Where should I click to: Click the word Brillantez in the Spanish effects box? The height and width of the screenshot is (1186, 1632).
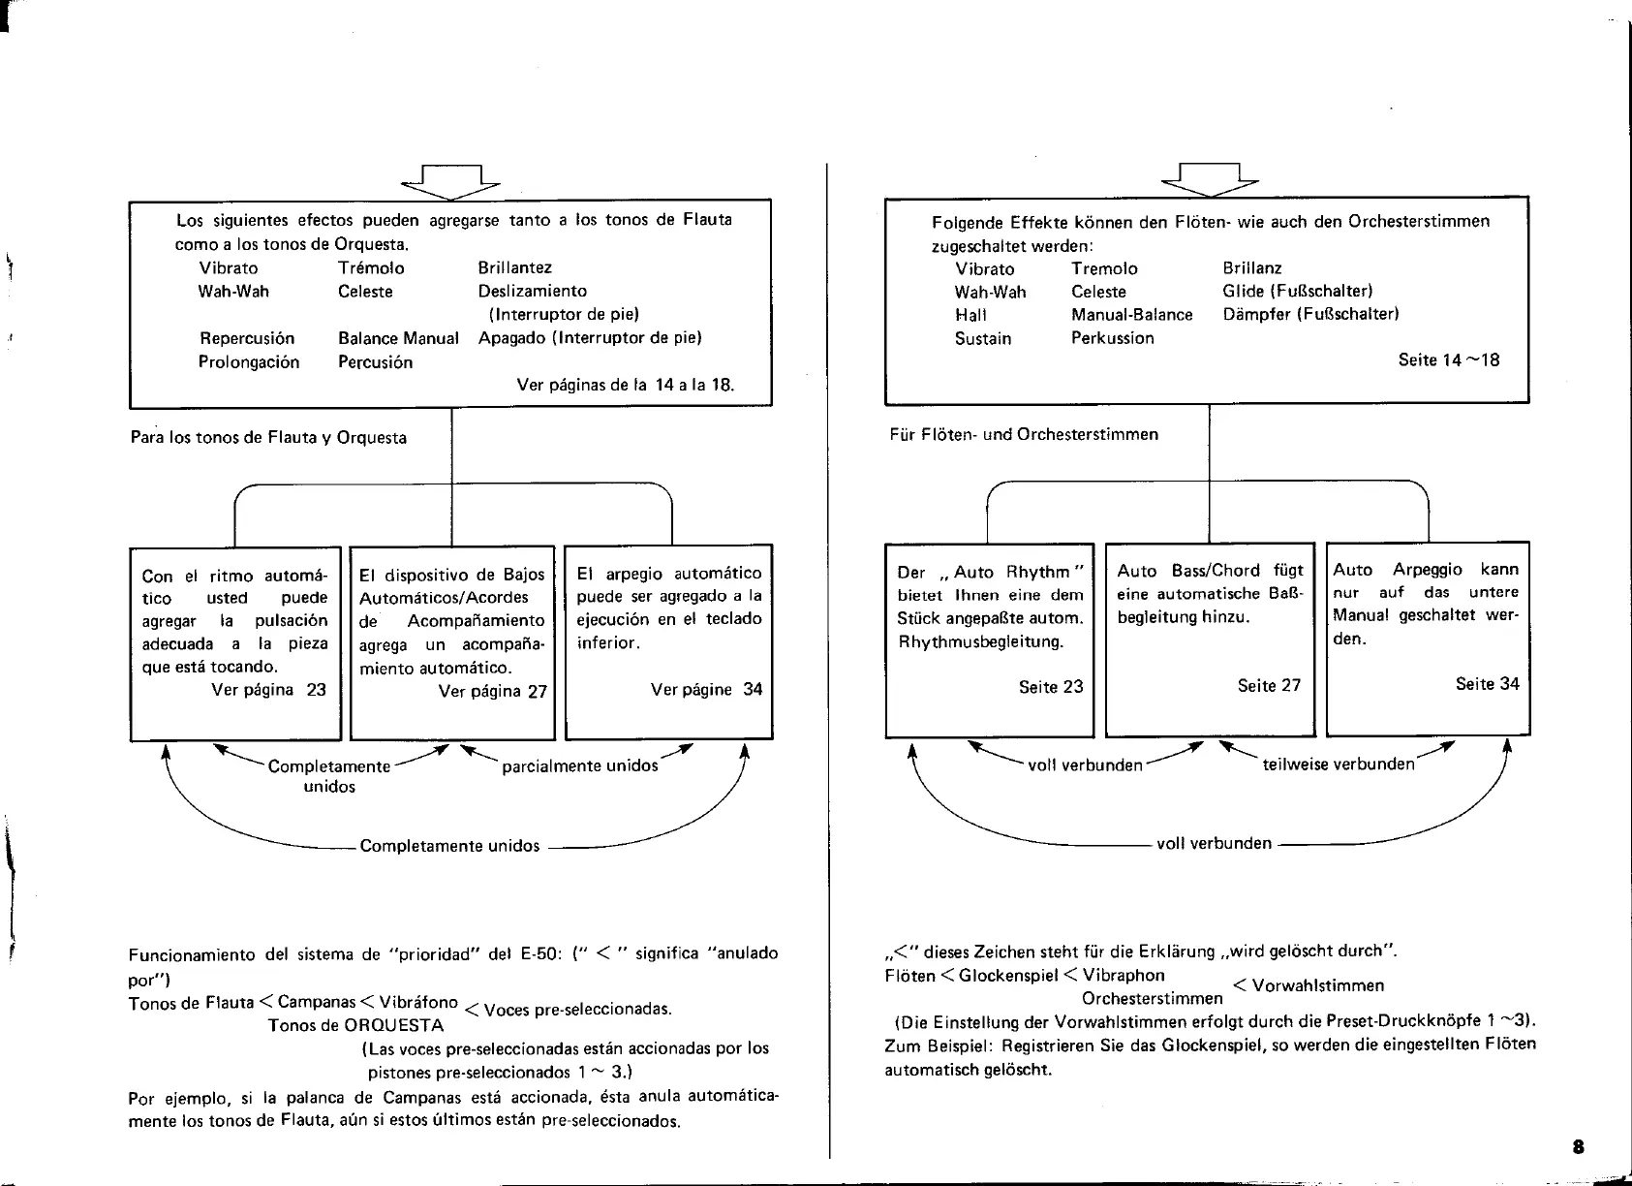(x=514, y=268)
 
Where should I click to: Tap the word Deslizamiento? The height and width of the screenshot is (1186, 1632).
(x=532, y=292)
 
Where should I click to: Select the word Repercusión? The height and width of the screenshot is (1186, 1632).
(x=246, y=339)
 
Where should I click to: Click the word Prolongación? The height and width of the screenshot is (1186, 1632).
(x=249, y=362)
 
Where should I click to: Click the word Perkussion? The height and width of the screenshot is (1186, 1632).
(x=1112, y=338)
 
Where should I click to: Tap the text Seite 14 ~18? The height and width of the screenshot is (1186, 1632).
(x=1448, y=360)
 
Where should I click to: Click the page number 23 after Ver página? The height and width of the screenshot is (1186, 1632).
(x=316, y=690)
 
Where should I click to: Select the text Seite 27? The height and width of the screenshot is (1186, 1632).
(x=1269, y=686)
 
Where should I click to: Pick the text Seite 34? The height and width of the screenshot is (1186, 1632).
(x=1487, y=684)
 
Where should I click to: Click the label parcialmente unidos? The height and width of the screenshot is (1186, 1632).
(x=579, y=766)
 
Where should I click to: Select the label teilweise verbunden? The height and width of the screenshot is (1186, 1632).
(x=1338, y=765)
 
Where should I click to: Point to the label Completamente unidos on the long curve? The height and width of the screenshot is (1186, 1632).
(x=449, y=846)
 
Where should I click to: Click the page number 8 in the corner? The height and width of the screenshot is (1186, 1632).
(x=1578, y=1146)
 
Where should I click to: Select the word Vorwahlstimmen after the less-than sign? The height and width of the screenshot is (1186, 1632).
(x=1317, y=986)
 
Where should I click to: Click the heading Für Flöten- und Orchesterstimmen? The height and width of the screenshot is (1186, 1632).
(x=1023, y=435)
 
